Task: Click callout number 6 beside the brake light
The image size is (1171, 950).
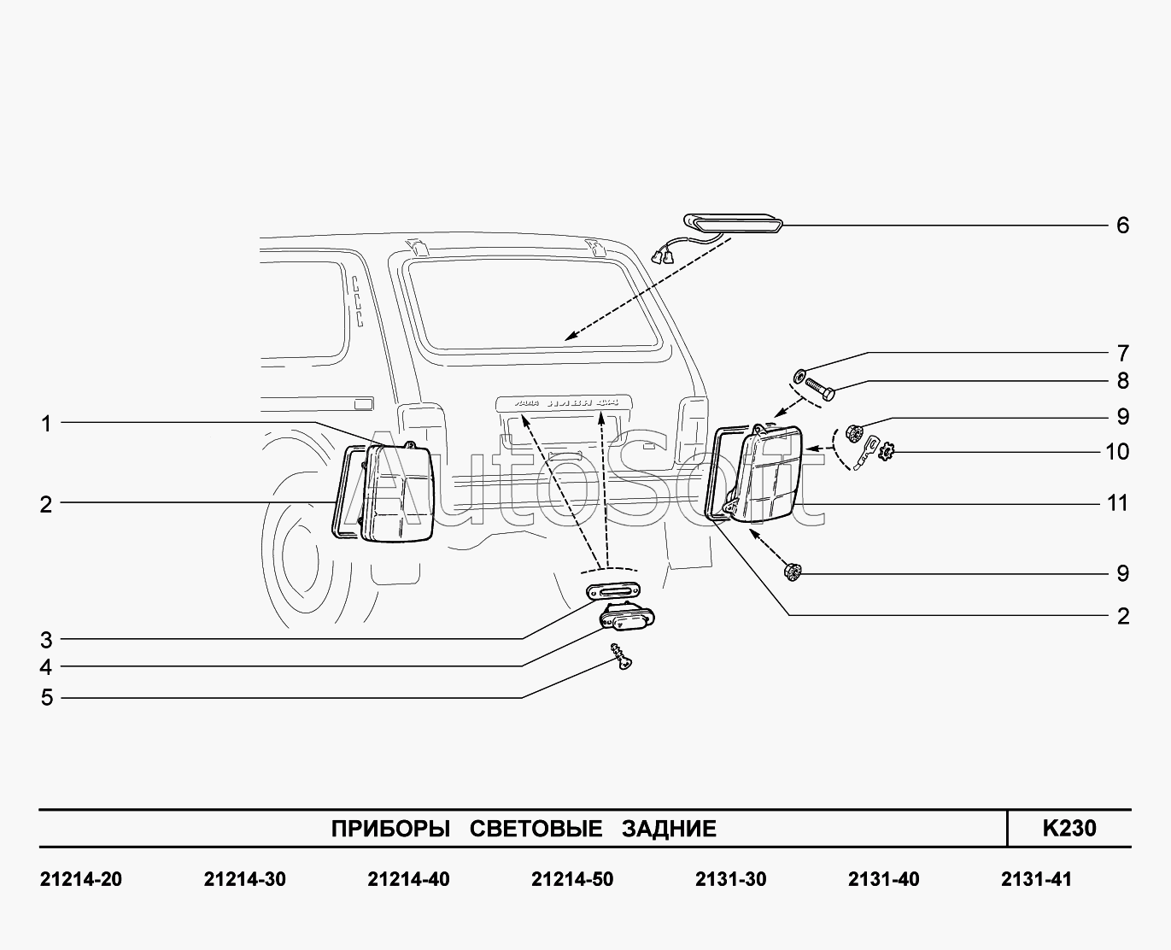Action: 1122,226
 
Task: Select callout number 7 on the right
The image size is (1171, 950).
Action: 1122,353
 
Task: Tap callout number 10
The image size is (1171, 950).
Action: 1117,451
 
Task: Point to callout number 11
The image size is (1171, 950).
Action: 1117,503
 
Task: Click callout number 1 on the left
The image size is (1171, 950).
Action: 46,423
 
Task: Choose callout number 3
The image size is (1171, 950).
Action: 46,639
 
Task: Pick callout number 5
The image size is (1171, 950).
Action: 46,697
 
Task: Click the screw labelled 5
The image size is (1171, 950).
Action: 620,657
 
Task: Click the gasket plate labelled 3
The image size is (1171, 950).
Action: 614,590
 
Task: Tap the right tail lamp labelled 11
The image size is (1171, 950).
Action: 768,475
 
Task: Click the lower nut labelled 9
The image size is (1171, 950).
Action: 791,571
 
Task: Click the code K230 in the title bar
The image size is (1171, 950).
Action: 1069,828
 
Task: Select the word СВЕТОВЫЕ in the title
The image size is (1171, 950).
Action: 536,829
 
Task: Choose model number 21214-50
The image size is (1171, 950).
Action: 571,879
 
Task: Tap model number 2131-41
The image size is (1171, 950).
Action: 1035,879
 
